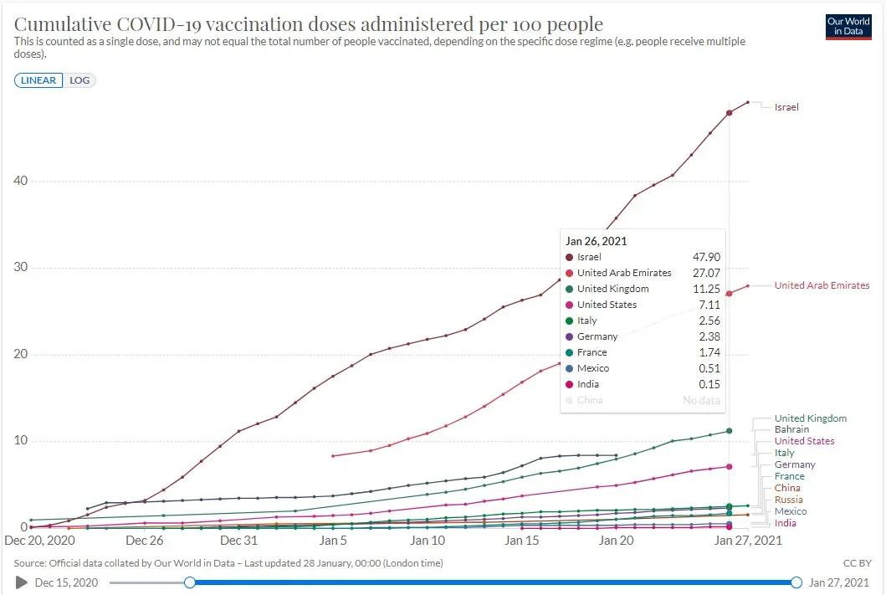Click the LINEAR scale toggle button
[38, 80]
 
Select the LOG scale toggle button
[80, 80]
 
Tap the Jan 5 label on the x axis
[333, 541]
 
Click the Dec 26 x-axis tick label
[144, 541]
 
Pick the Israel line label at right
[786, 107]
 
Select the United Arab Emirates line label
[822, 285]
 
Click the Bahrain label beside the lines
[791, 429]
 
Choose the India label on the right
[786, 523]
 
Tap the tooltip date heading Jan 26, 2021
[597, 241]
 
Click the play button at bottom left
[22, 582]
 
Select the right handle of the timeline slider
[796, 582]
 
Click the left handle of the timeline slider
[190, 582]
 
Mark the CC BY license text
[858, 563]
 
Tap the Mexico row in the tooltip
[592, 368]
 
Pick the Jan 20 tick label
[616, 541]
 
